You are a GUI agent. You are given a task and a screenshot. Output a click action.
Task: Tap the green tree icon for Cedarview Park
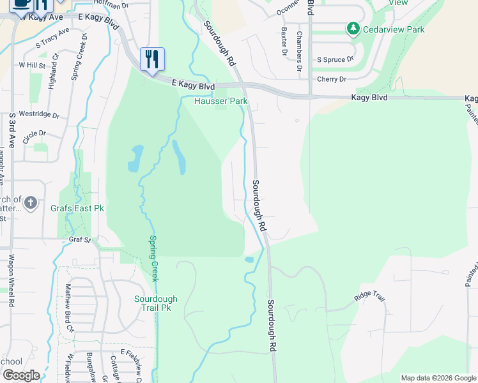[352, 29]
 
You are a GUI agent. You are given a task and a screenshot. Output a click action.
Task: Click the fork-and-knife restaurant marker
[152, 59]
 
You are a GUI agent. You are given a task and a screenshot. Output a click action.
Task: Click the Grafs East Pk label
[77, 208]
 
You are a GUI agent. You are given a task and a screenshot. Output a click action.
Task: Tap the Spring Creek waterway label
[153, 259]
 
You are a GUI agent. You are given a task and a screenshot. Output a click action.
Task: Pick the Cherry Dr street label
[332, 79]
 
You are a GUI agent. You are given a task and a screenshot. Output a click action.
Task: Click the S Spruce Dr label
[335, 60]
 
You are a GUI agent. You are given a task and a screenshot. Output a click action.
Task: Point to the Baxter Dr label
[282, 43]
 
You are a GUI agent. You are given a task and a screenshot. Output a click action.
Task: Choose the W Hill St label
[32, 65]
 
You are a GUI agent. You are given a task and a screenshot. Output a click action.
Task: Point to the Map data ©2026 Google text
[438, 378]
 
